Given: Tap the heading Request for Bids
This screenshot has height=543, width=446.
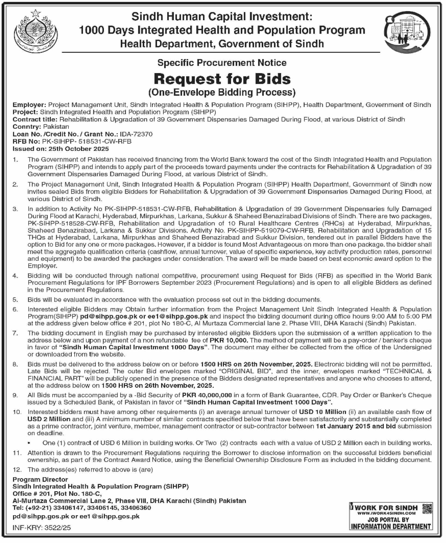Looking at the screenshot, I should tap(222, 79).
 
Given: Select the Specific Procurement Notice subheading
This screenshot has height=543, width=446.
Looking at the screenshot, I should tap(222, 63).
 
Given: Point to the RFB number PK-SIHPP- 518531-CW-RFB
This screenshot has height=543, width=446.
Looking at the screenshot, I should tap(87, 141).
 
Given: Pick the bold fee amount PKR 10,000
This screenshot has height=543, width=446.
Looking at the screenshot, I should tap(229, 340).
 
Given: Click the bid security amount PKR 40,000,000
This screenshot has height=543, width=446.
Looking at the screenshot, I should tap(207, 395).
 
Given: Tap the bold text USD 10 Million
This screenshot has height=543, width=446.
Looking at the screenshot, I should tap(322, 411).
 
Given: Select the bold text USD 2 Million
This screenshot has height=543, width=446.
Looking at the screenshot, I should tap(49, 419).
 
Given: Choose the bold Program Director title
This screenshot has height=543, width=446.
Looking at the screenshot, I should tap(40, 479).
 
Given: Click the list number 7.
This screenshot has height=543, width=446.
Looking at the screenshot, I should tap(15, 333).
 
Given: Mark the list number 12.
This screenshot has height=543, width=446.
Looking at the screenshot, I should tap(17, 470).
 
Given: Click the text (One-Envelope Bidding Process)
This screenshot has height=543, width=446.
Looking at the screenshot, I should tap(222, 93).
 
